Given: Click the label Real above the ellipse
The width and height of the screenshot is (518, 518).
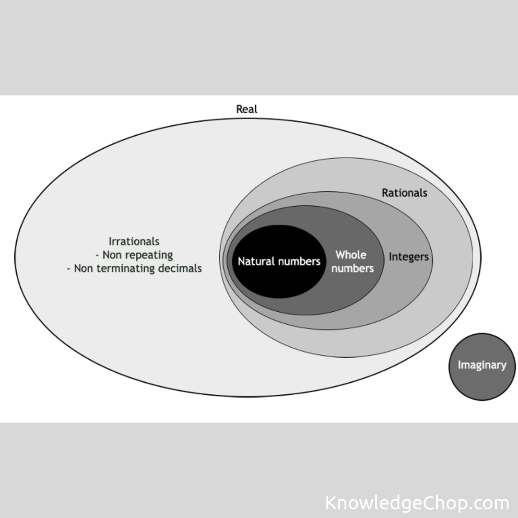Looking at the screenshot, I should click(x=247, y=109).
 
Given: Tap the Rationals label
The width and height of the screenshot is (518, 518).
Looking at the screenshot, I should click(x=404, y=193).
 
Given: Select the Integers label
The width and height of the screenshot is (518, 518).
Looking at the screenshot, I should click(x=409, y=257).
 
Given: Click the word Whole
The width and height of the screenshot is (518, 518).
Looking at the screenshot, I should click(x=351, y=255).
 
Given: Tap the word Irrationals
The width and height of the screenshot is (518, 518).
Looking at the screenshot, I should click(x=134, y=241).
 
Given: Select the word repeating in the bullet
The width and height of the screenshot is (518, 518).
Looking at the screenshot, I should click(x=149, y=255).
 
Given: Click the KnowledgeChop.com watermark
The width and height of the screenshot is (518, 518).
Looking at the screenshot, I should click(x=417, y=503).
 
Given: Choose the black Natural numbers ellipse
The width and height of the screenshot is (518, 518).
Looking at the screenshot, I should click(x=278, y=283).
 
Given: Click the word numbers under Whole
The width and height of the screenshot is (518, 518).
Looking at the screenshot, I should click(x=353, y=268).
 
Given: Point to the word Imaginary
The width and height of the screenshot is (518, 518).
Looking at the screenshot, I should click(x=482, y=365).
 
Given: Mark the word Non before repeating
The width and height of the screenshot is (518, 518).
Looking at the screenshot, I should click(x=112, y=255).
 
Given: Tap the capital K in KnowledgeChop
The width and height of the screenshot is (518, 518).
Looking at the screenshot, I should click(x=331, y=503).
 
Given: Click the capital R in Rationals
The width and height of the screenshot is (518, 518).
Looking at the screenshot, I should click(x=385, y=193).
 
